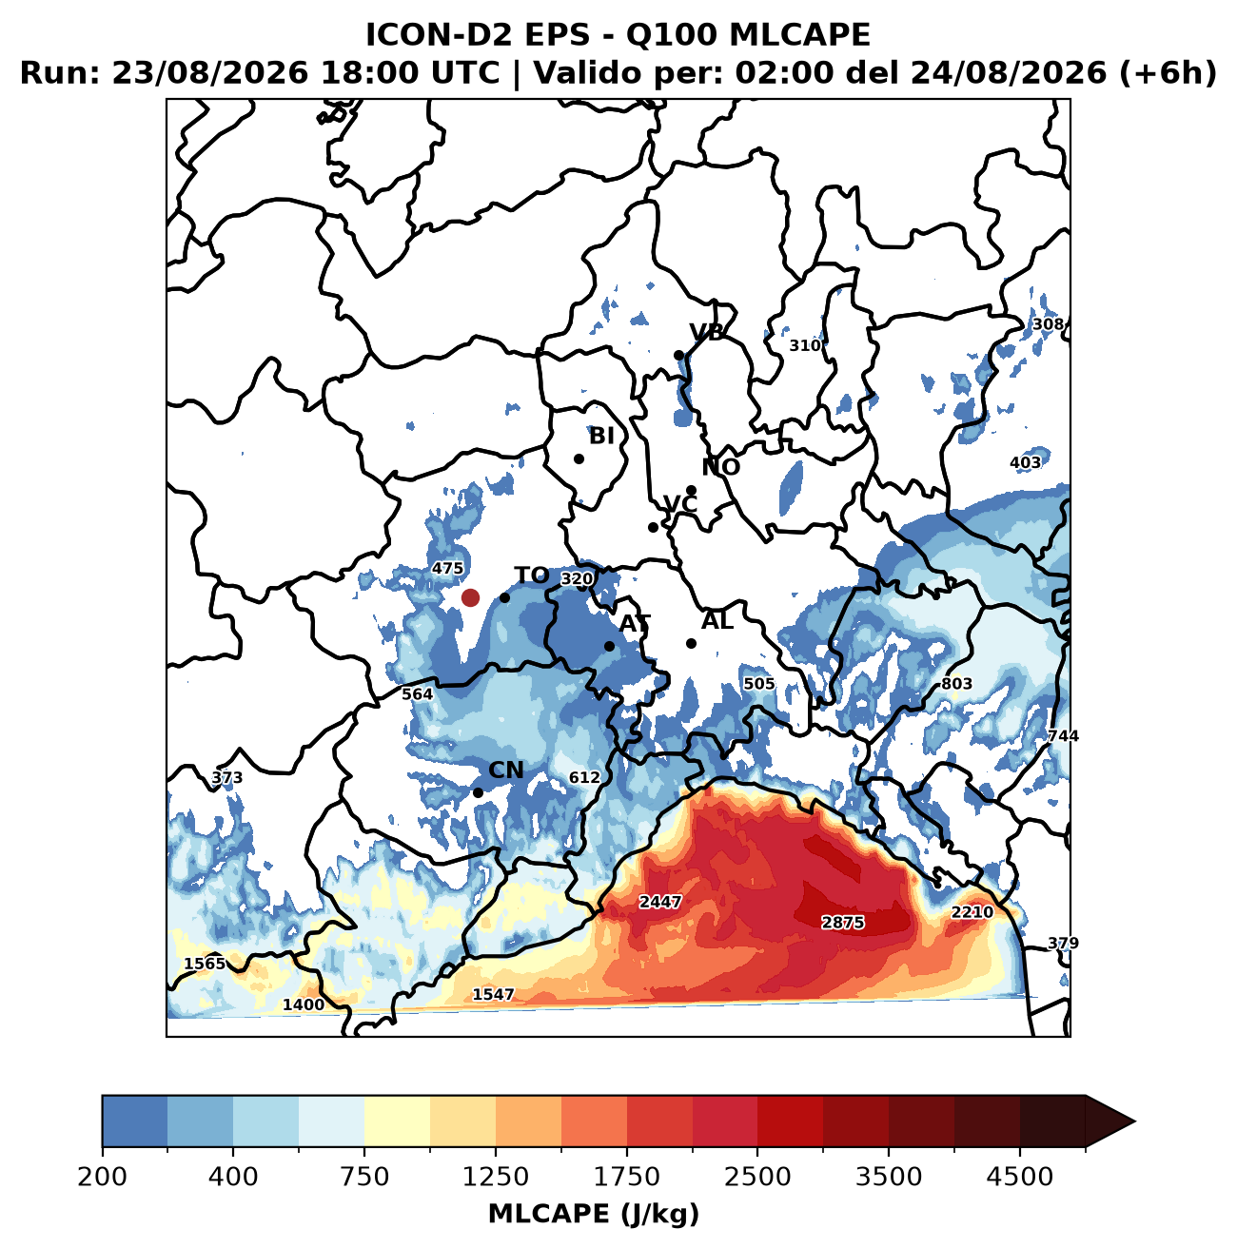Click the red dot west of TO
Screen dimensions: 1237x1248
click(470, 597)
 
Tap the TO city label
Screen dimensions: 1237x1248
click(532, 575)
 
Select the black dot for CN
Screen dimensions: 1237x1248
click(479, 792)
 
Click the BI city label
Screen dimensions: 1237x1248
click(601, 436)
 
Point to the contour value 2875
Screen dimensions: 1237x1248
click(843, 923)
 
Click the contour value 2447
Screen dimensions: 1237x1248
click(660, 902)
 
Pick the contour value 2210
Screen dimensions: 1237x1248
click(972, 912)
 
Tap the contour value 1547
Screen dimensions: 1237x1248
click(493, 994)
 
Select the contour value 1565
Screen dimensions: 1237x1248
click(205, 964)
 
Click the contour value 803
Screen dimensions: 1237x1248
click(956, 684)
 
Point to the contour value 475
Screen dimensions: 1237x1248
click(448, 568)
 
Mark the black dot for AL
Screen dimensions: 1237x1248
click(692, 644)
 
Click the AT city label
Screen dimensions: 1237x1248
click(635, 624)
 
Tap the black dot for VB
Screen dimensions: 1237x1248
click(678, 356)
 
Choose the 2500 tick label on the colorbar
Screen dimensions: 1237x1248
click(757, 1177)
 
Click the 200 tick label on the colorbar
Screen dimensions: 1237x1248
click(103, 1177)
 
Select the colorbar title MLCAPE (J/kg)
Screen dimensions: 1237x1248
click(594, 1215)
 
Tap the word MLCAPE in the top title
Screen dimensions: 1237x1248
click(799, 35)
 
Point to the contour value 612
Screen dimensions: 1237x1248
click(584, 777)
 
